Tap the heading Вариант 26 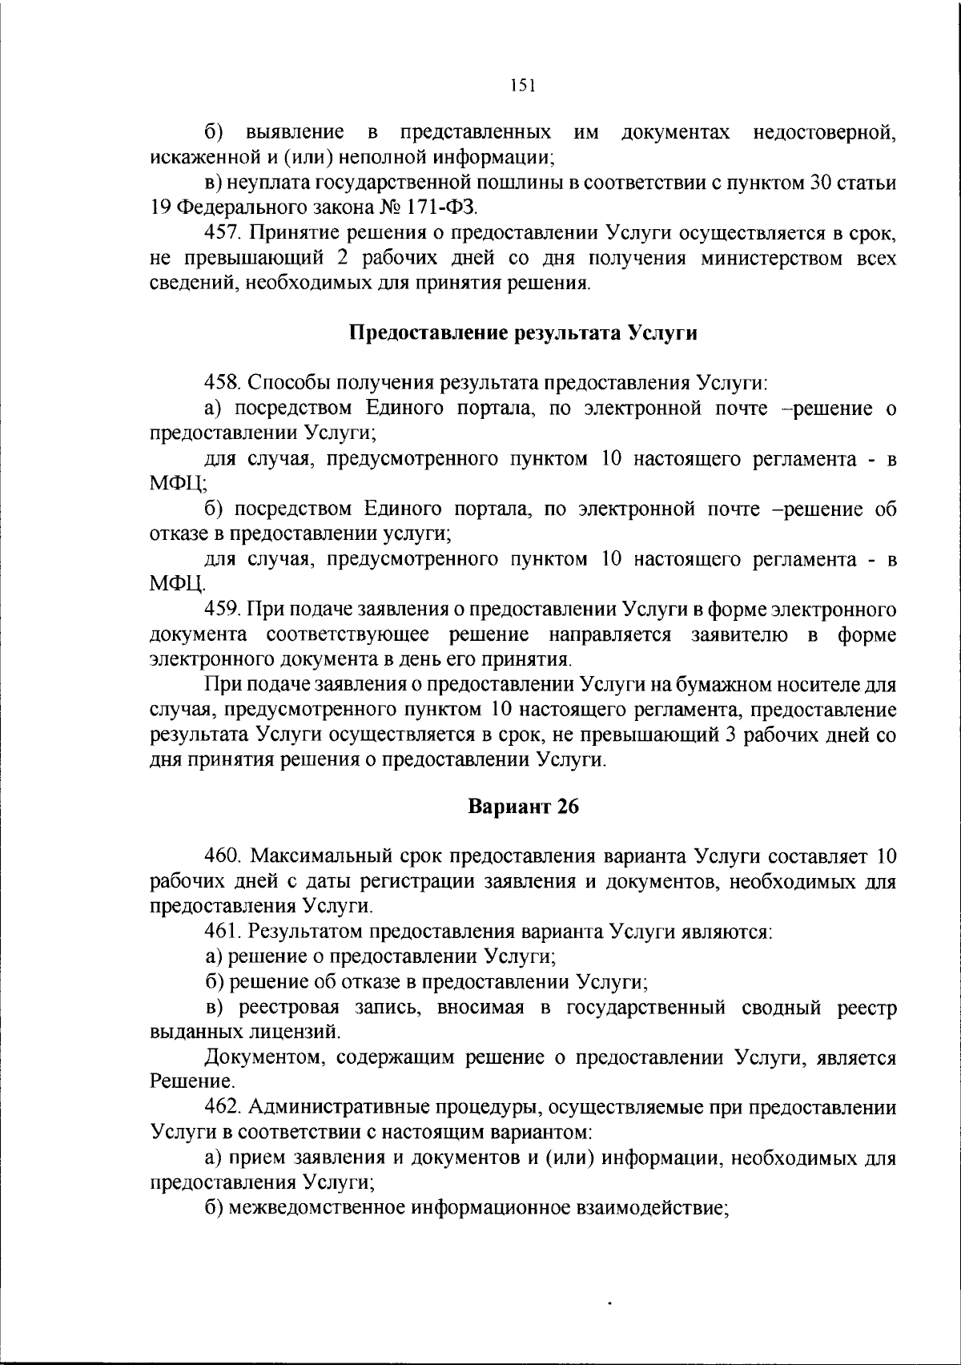coord(523,807)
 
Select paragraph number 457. coord(223,233)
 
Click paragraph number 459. coord(223,610)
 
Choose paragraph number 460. coord(223,856)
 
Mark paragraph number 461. coord(223,932)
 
